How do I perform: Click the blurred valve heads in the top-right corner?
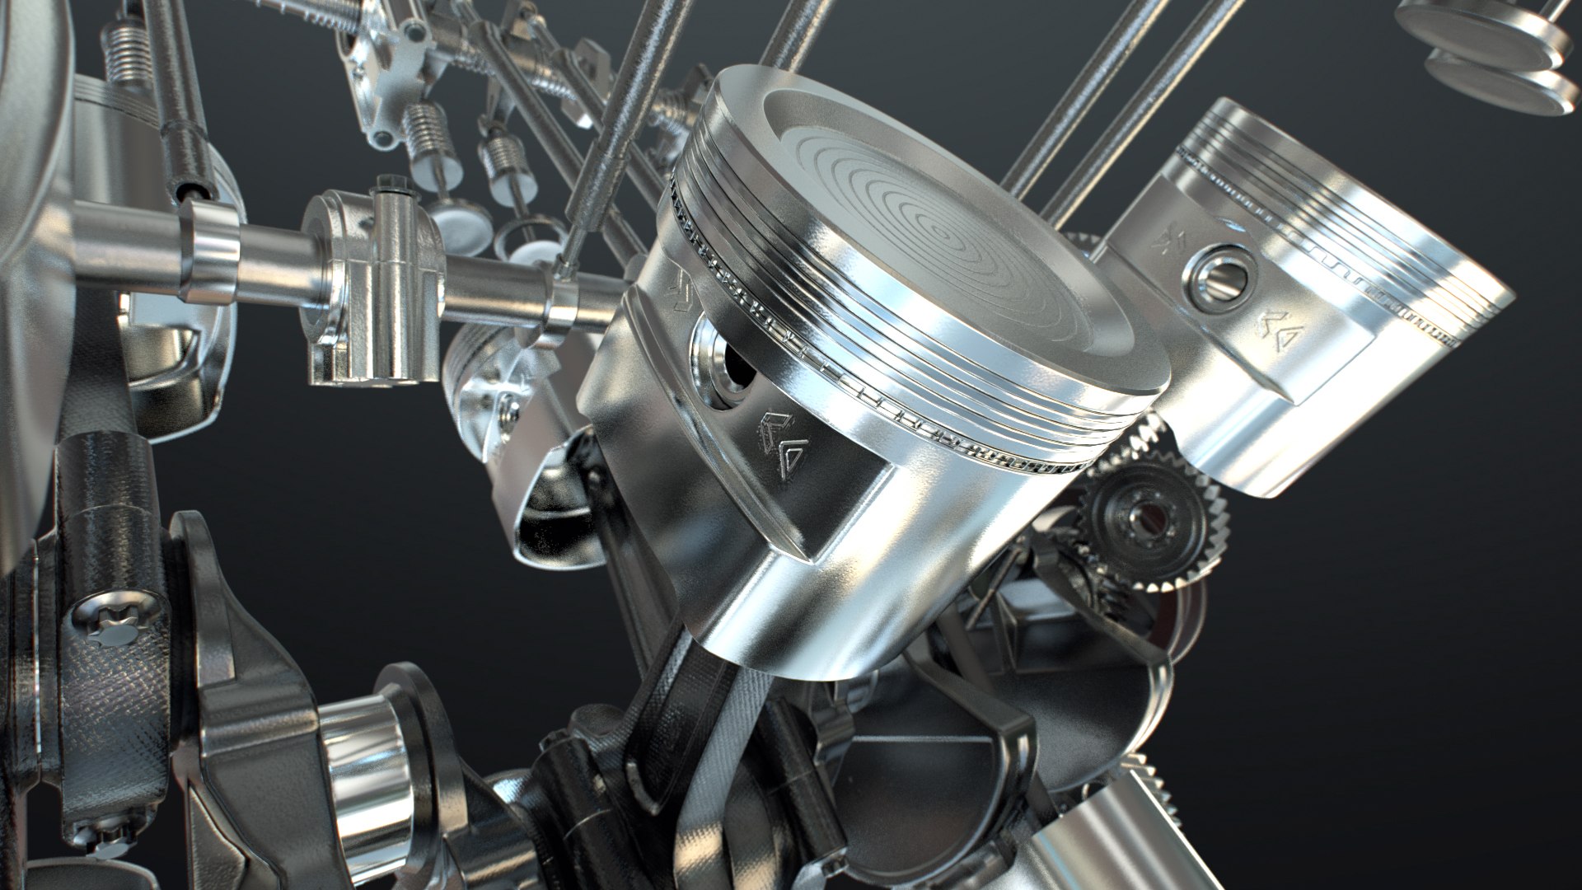point(1483,49)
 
